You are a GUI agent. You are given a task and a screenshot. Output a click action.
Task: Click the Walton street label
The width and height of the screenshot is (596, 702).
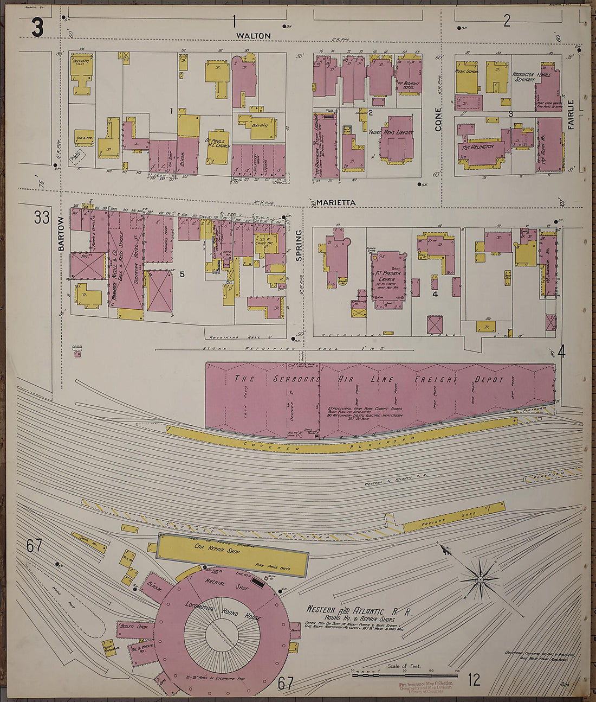coord(253,36)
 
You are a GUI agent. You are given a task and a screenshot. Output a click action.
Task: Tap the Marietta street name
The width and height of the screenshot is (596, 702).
coord(336,202)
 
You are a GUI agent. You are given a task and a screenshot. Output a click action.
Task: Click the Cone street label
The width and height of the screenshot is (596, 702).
coord(438,119)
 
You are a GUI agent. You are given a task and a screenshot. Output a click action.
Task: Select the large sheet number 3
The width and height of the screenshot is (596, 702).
coord(37,28)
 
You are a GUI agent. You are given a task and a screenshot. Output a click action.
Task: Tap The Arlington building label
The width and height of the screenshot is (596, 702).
coord(477,146)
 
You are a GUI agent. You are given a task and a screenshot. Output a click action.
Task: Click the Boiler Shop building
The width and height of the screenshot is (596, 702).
coord(133,627)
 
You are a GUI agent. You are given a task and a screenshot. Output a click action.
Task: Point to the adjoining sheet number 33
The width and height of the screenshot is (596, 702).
coord(42,218)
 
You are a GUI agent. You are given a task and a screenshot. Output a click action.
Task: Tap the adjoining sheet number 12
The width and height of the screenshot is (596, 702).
coord(474,680)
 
